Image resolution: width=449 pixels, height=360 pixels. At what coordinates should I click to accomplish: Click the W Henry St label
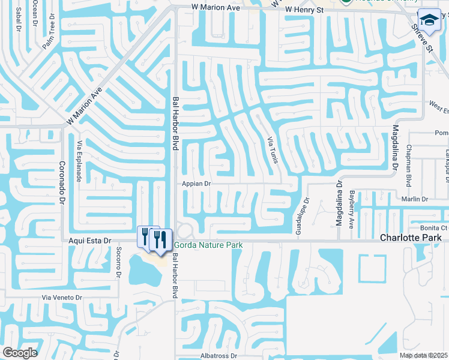tap(304, 10)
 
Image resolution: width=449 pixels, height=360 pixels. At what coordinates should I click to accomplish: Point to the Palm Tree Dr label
tap(49, 34)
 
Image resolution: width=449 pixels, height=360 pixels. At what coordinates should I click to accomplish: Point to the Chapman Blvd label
tap(409, 164)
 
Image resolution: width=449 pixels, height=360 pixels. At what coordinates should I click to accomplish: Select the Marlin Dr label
tap(415, 199)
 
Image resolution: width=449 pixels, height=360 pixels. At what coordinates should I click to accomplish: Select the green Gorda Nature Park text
tap(208, 245)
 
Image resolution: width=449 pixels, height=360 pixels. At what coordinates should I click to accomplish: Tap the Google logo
tap(20, 352)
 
